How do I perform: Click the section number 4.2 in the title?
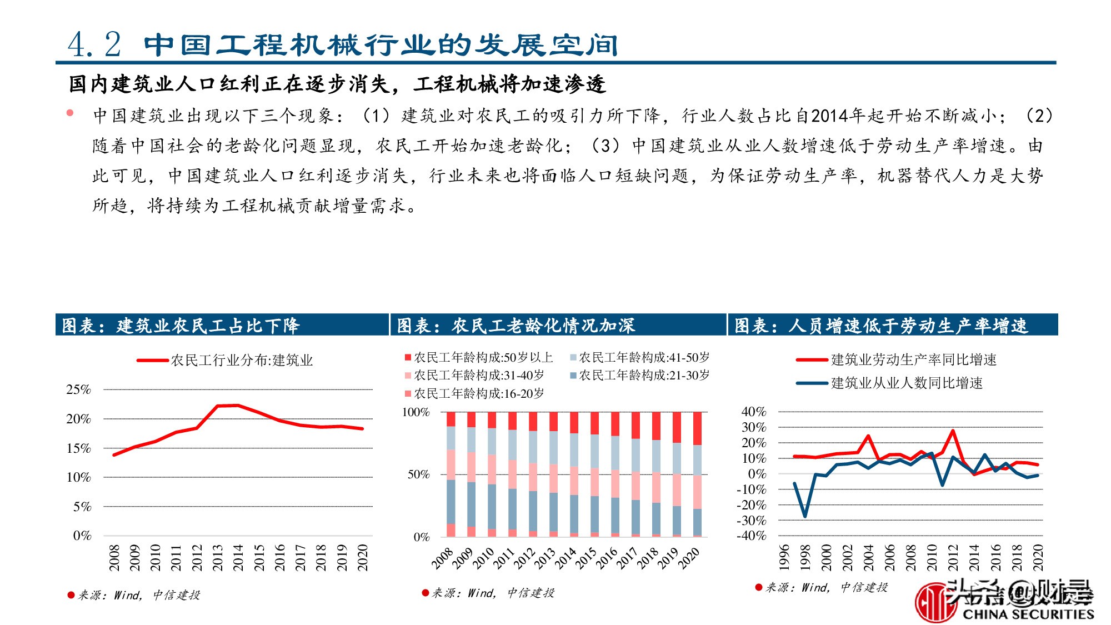pyautogui.click(x=94, y=44)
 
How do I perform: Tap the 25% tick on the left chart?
pyautogui.click(x=78, y=389)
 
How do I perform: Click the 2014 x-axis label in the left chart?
pyautogui.click(x=238, y=557)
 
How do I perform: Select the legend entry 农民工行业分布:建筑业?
pyautogui.click(x=241, y=361)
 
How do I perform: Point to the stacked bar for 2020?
pyautogui.click(x=697, y=474)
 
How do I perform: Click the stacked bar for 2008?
pyautogui.click(x=451, y=474)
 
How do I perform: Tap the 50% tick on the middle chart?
pyautogui.click(x=418, y=474)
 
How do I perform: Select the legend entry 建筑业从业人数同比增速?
pyautogui.click(x=906, y=383)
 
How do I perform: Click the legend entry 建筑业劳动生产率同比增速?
pyautogui.click(x=913, y=359)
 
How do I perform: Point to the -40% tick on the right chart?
pyautogui.click(x=751, y=536)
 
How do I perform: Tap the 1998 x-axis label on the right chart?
pyautogui.click(x=805, y=557)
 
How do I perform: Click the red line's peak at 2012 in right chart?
pyautogui.click(x=953, y=431)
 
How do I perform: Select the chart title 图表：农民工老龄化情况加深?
pyautogui.click(x=516, y=326)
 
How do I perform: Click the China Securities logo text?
pyautogui.click(x=1028, y=614)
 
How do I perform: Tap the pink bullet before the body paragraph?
pyautogui.click(x=70, y=113)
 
